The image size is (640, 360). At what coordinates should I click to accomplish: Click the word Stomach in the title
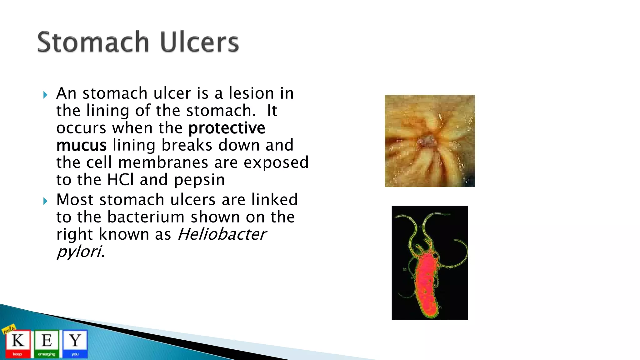[x=93, y=42]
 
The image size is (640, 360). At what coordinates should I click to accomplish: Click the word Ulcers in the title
[x=199, y=42]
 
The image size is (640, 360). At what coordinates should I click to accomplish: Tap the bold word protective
[x=227, y=128]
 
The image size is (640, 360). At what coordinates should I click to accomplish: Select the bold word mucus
[x=81, y=146]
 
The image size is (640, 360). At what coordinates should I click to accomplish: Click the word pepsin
[x=199, y=180]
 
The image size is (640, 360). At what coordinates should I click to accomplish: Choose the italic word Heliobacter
[x=222, y=234]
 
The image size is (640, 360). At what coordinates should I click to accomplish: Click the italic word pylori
[x=80, y=252]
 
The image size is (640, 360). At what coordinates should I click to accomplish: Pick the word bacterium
[x=146, y=217]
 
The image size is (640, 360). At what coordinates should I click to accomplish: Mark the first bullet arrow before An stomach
[x=45, y=95]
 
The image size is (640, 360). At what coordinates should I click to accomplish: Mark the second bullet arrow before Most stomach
[x=45, y=201]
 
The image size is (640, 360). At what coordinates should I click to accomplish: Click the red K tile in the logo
[x=18, y=343]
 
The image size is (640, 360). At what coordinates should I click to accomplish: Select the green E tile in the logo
[x=47, y=343]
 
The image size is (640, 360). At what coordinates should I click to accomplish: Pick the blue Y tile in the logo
[x=75, y=343]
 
